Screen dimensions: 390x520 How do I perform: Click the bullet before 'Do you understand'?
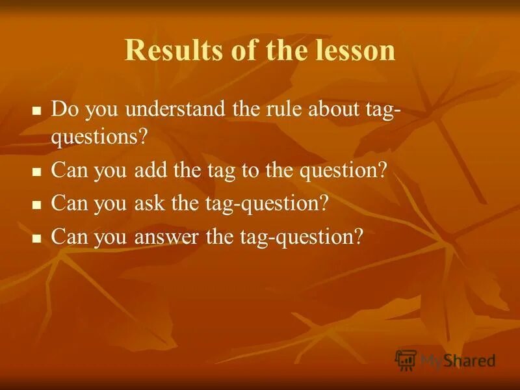click(36, 110)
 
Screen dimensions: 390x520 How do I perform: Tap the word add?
click(148, 170)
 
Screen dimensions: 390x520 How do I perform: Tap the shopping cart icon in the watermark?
click(406, 360)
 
